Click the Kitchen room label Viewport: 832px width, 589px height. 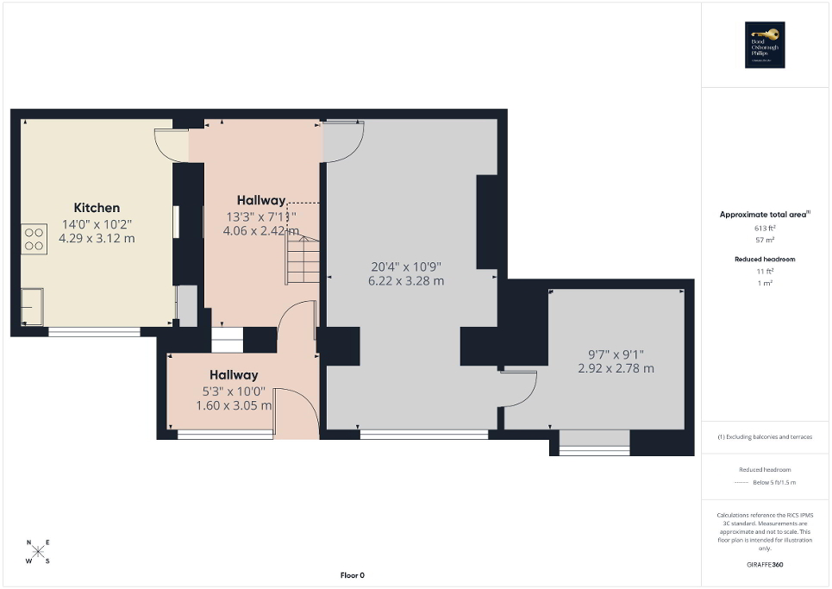(x=97, y=208)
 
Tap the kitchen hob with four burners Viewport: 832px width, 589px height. (x=34, y=238)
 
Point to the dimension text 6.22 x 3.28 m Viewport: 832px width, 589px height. (x=407, y=281)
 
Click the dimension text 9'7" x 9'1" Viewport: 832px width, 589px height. (x=615, y=354)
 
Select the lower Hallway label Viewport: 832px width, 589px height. (x=234, y=375)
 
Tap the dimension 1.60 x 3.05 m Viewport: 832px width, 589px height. (x=234, y=405)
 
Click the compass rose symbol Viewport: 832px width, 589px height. (x=39, y=552)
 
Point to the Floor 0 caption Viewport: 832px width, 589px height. (x=352, y=575)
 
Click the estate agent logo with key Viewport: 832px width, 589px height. (x=762, y=45)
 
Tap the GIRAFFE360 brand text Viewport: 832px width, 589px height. (x=766, y=565)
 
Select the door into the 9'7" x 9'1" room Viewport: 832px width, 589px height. (x=520, y=389)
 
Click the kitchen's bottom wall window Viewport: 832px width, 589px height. (x=94, y=331)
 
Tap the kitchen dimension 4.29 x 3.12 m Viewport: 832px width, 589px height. (x=97, y=238)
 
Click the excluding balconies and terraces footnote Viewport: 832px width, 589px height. (x=765, y=437)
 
